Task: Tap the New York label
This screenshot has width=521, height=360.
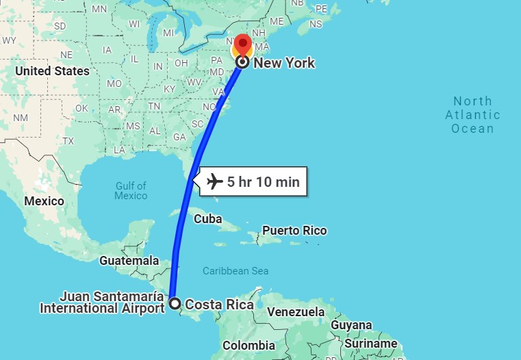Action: [x=284, y=63]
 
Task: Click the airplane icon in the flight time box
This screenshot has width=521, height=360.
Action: [x=215, y=182]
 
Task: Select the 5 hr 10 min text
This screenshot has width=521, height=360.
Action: [x=263, y=182]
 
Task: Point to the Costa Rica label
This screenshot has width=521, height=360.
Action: [x=219, y=305]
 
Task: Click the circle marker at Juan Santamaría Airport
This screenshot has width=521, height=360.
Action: [x=175, y=303]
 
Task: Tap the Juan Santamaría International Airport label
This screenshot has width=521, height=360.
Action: [x=102, y=303]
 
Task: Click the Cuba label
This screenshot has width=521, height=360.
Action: [x=208, y=219]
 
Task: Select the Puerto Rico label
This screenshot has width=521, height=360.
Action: [x=294, y=231]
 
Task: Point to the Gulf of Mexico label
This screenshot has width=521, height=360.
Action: [x=131, y=190]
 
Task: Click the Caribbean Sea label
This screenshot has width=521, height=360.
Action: [x=236, y=271]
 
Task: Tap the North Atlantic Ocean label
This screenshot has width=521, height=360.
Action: [x=472, y=115]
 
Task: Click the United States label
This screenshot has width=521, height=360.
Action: [x=52, y=71]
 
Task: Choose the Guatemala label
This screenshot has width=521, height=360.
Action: [x=129, y=261]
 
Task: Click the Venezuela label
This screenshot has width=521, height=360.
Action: [x=295, y=312]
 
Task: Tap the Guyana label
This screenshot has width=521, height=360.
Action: [x=351, y=325]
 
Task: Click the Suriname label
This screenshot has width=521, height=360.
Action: [x=370, y=343]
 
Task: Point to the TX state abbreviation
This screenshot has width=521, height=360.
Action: [x=68, y=141]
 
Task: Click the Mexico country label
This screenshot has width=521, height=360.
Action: [x=44, y=201]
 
